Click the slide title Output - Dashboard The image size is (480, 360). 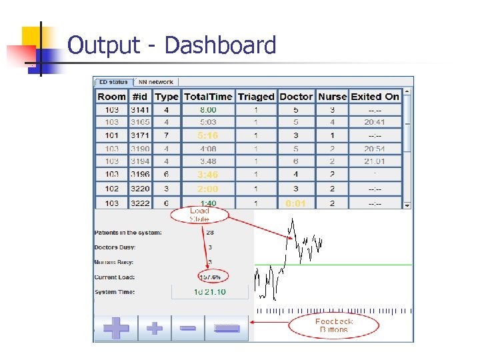point(172,45)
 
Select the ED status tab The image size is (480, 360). point(113,82)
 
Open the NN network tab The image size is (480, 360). point(156,82)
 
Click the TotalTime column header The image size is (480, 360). point(208,97)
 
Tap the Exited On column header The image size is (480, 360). point(375,97)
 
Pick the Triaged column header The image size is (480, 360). point(256,97)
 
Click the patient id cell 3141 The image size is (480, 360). point(141,109)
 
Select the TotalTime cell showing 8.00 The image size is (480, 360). point(208,109)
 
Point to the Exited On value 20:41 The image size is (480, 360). point(375,122)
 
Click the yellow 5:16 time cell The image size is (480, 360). point(208,135)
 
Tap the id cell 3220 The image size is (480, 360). point(141,189)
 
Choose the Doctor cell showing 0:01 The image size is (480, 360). point(296,203)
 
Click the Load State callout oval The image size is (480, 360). point(199,215)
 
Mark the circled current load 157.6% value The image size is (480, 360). point(213,276)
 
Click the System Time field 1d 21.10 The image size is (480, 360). point(210,292)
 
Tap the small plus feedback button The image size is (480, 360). point(154,328)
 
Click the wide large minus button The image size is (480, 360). point(227,328)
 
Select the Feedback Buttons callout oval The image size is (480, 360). point(333,325)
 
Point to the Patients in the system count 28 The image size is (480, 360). point(210,233)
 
